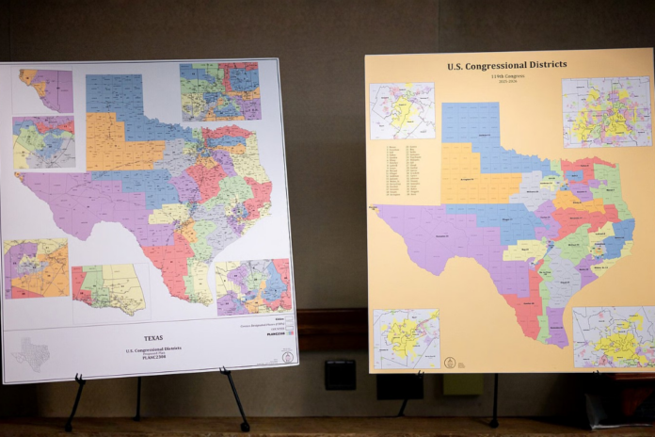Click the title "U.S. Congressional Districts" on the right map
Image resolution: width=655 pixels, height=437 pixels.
pyautogui.click(x=506, y=65)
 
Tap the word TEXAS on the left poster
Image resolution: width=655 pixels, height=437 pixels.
pyautogui.click(x=152, y=337)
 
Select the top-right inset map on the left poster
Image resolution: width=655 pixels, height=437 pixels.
pyautogui.click(x=219, y=91)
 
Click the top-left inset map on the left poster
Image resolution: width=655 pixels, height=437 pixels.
pyautogui.click(x=46, y=90)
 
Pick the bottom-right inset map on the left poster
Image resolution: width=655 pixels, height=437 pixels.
pyautogui.click(x=254, y=287)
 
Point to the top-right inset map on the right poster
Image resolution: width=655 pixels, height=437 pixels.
pyautogui.click(x=606, y=112)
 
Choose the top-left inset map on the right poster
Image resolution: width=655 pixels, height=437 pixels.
pyautogui.click(x=402, y=111)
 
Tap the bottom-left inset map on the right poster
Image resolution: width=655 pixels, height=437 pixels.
pyautogui.click(x=406, y=338)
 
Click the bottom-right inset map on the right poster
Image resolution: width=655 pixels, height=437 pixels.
pyautogui.click(x=614, y=336)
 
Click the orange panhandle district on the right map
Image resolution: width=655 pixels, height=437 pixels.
pyautogui.click(x=467, y=174)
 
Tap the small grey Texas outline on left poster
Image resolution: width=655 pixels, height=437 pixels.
pyautogui.click(x=32, y=354)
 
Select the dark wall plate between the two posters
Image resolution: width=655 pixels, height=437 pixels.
pyautogui.click(x=340, y=374)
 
